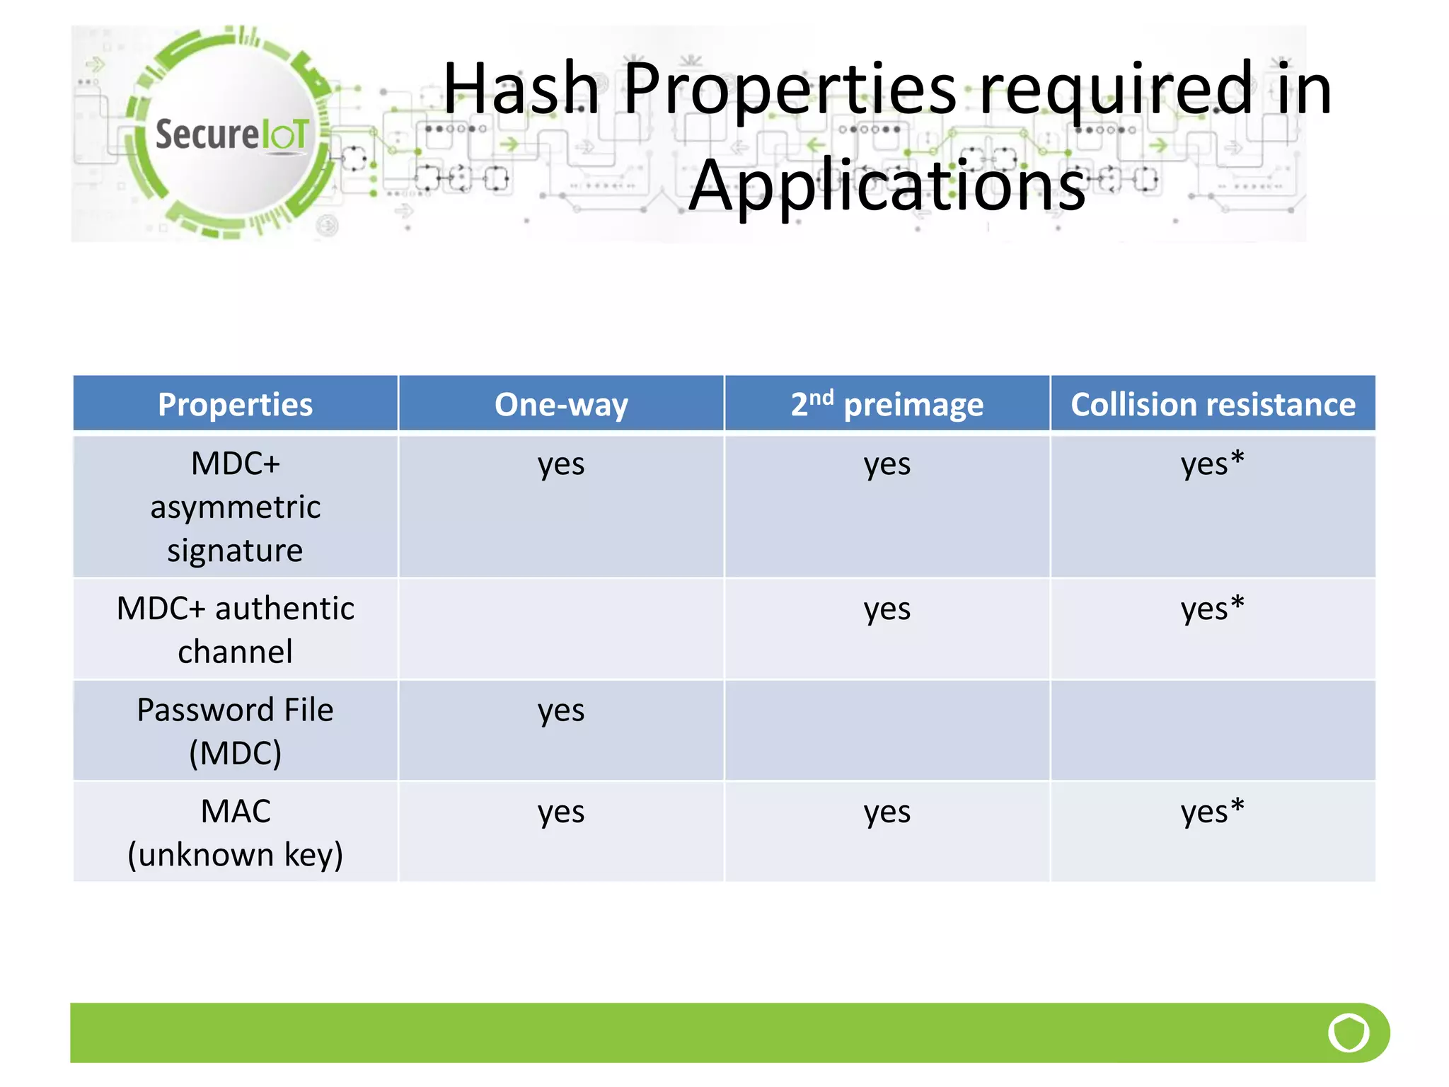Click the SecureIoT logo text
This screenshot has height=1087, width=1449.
[x=232, y=134]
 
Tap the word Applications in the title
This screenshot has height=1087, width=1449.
[x=887, y=185]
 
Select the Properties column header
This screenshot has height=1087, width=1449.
[x=235, y=405]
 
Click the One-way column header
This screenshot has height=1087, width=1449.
[x=561, y=405]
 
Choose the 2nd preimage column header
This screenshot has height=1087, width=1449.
[x=887, y=405]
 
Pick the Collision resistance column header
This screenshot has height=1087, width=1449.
[x=1213, y=405]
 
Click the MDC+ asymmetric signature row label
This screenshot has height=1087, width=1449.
[x=235, y=507]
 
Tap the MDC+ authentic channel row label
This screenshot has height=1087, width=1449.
[x=235, y=629]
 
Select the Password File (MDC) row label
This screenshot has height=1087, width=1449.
[x=235, y=730]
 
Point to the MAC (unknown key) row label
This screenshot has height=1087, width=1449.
[x=235, y=832]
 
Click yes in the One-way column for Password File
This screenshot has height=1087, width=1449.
[x=561, y=711]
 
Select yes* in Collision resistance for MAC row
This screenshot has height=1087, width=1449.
[x=1212, y=812]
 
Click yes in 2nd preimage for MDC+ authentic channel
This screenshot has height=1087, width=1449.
[x=887, y=609]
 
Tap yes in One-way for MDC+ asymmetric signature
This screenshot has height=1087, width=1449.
[x=561, y=465]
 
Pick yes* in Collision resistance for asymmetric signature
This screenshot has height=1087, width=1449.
[x=1212, y=465]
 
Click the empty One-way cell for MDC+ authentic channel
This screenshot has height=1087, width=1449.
[x=561, y=629]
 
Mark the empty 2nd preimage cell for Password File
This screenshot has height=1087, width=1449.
[x=887, y=730]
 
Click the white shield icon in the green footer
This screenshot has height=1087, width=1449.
[x=1349, y=1033]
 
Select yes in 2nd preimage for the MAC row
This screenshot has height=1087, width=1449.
[x=887, y=812]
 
